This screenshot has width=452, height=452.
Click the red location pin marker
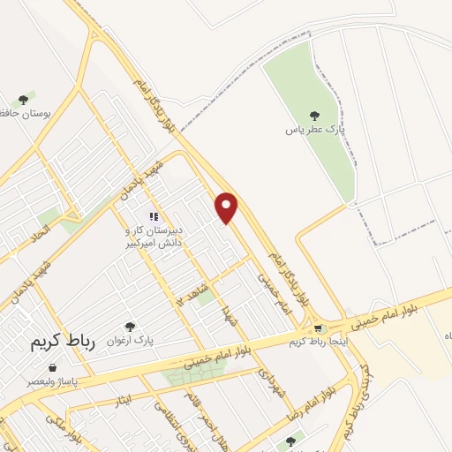[x=227, y=207]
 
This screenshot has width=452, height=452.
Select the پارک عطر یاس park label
[x=313, y=130]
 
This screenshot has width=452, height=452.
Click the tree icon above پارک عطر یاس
[x=313, y=115]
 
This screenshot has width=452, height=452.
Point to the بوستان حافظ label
[x=19, y=116]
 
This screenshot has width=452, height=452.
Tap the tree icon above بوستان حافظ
[x=24, y=101]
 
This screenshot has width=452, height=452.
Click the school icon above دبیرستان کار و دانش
[x=153, y=216]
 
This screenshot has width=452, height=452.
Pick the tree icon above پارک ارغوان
[x=131, y=327]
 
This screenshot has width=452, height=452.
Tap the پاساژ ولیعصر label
[x=49, y=382]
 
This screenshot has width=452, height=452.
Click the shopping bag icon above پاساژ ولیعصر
[x=51, y=367]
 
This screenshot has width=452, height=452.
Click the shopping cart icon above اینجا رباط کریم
[x=318, y=328]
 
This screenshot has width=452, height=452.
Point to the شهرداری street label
[x=268, y=381]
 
